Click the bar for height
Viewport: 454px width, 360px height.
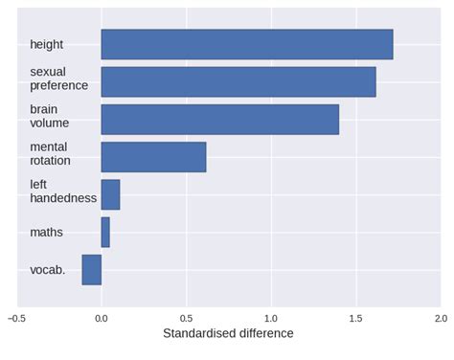246,44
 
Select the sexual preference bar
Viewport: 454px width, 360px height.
238,81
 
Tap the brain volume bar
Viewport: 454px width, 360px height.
219,119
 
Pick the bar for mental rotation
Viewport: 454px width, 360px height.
153,156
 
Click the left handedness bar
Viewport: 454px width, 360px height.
110,194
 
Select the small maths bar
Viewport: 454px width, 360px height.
105,232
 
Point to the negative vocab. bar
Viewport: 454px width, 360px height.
92,269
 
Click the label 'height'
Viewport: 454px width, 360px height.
47,45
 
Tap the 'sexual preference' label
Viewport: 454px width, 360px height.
58,79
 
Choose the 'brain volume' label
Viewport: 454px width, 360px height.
50,116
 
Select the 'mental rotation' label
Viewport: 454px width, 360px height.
50,153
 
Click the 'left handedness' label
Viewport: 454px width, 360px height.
63,191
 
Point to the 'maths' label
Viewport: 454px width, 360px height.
46,232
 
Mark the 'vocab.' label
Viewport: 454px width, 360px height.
48,270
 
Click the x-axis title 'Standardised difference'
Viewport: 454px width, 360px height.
228,334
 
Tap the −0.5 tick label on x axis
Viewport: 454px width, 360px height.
16,317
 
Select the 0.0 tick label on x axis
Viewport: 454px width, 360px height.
102,317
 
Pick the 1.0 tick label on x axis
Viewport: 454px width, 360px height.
271,317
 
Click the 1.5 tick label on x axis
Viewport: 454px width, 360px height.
355,317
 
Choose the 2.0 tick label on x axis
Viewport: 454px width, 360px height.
440,317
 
